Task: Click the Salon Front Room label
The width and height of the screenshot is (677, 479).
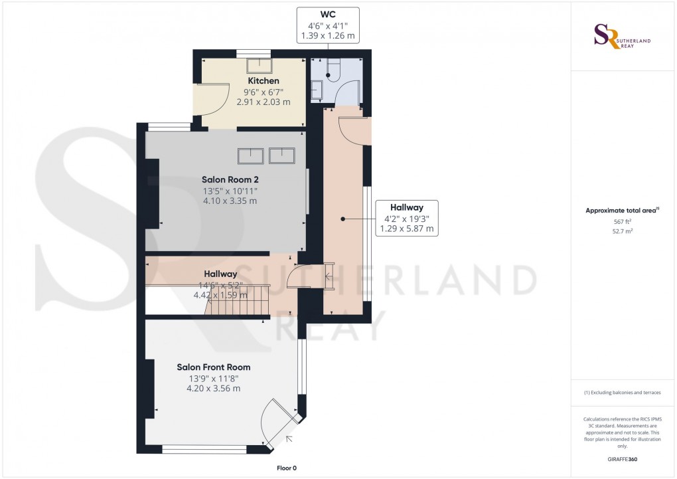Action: click(213, 367)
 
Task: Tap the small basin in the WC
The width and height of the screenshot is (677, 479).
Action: click(316, 90)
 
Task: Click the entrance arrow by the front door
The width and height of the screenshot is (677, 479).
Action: click(289, 438)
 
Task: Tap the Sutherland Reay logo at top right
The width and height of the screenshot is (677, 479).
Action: click(622, 36)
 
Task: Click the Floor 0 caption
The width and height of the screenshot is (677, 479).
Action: click(287, 468)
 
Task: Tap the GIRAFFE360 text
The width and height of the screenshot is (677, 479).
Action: click(621, 460)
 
